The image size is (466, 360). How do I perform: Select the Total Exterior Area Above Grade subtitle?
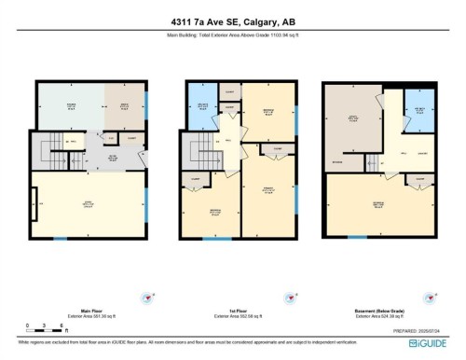point(232,36)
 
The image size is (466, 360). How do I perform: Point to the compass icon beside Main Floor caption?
point(144,298)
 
